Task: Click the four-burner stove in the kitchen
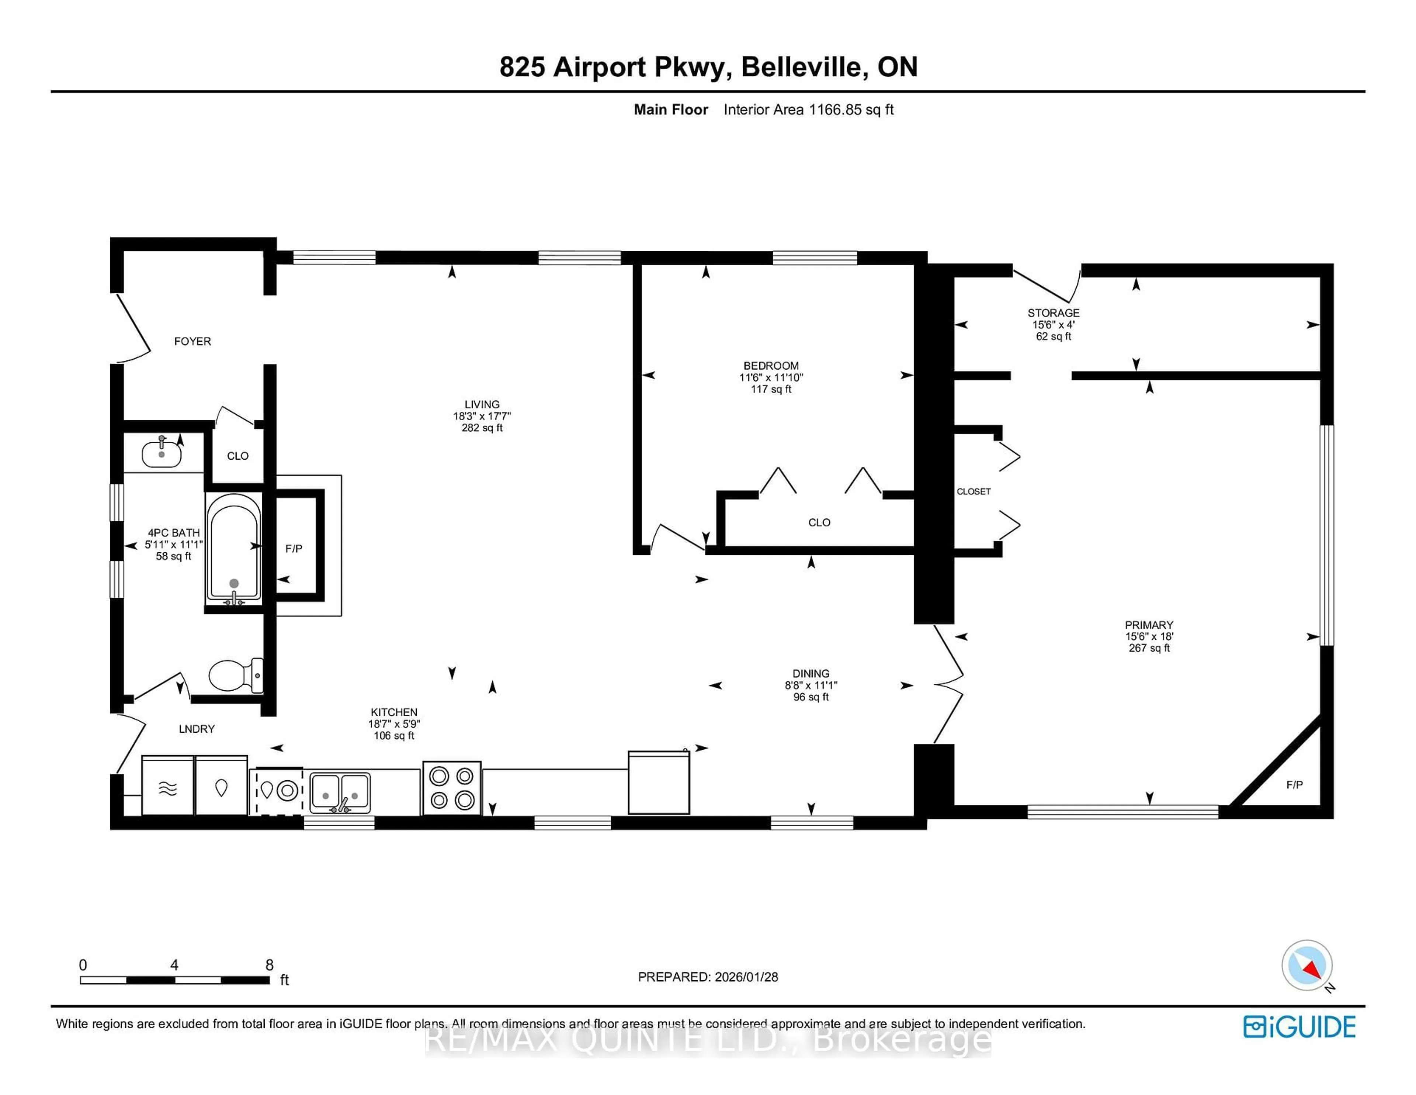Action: (451, 788)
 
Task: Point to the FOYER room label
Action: (192, 341)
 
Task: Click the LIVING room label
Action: (482, 404)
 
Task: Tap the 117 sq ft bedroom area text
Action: (771, 389)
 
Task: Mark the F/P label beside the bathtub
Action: (294, 549)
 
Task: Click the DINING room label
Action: (811, 673)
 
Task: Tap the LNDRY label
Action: (197, 729)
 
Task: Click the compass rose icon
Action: (1306, 965)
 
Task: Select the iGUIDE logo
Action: (1299, 1027)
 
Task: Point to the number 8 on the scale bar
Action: (269, 965)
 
